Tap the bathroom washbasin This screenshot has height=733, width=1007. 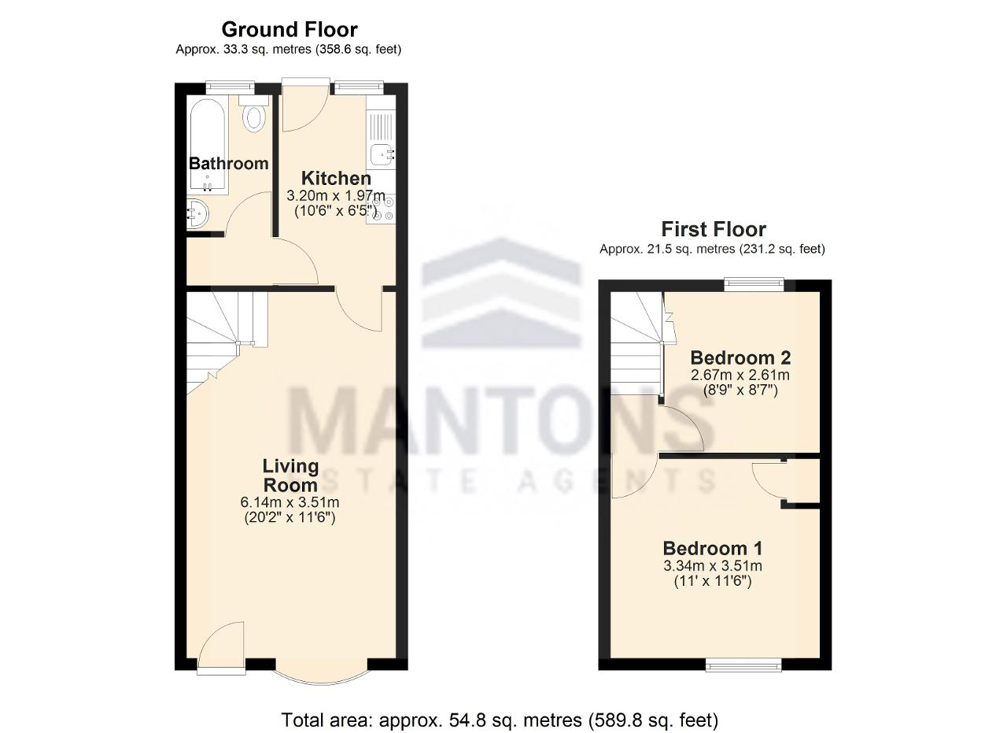coord(197,214)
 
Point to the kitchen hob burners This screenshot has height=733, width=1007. coord(381,209)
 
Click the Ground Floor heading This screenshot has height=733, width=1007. coord(289,30)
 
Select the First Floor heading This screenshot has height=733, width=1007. coord(714,229)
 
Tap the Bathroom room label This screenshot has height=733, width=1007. coord(228,163)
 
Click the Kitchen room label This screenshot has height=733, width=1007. coord(336,178)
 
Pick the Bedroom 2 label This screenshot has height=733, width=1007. coord(740,357)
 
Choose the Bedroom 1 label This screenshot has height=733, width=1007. coord(713,548)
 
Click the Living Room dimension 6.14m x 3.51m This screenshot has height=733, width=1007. coord(290,502)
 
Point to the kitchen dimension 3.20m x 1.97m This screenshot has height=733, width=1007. coord(336,196)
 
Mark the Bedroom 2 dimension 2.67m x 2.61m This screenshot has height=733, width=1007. coord(740,375)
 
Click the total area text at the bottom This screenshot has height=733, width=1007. coord(500,720)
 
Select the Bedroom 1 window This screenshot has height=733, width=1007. coord(743,665)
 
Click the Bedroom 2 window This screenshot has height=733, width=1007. coord(754,285)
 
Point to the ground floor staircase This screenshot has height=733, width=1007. coord(227,342)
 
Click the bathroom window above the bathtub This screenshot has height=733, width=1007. coord(231,87)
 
